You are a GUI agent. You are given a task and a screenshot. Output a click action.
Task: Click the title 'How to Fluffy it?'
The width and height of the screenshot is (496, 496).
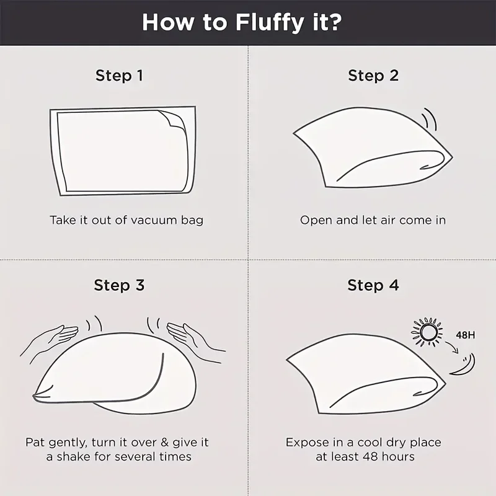coord(242,23)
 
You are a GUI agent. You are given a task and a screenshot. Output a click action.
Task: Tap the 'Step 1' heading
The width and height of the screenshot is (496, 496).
coord(119,76)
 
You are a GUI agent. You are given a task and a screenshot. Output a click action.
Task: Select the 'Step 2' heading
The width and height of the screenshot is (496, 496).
coord(373,76)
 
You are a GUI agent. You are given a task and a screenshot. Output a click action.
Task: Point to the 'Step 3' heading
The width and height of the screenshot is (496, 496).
coord(119,285)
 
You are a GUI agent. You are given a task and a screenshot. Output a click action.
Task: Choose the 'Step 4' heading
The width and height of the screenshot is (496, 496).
coord(373,285)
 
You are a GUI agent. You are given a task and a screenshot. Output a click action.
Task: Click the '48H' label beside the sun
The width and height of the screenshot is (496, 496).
coord(466,335)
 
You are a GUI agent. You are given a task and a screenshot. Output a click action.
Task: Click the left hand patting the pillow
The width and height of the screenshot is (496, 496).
coord(51,340)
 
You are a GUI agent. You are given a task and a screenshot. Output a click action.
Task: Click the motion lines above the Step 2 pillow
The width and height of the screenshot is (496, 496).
coord(430,119)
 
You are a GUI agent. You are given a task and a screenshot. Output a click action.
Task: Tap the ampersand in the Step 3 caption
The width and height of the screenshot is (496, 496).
coord(164,442)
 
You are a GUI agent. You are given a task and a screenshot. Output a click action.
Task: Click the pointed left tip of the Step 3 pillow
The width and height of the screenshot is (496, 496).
coord(33,396)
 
